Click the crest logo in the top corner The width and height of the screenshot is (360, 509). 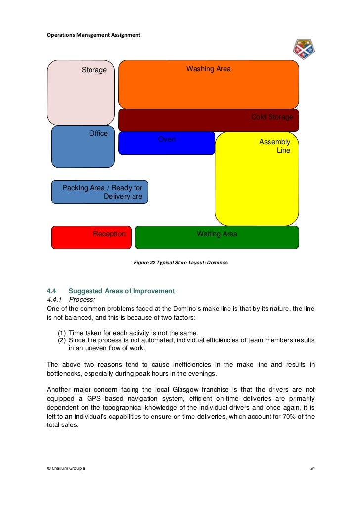click(304, 48)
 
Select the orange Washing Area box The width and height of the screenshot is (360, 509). click(208, 84)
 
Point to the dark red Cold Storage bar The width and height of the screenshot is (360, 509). click(208, 120)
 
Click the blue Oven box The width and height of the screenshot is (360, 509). click(166, 143)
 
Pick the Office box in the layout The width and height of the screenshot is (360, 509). click(83, 146)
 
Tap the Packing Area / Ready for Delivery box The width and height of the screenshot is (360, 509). click(100, 192)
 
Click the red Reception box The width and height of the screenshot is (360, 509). click(91, 237)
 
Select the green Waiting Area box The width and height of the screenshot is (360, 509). click(217, 237)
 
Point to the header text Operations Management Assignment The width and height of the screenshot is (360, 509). click(93, 35)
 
